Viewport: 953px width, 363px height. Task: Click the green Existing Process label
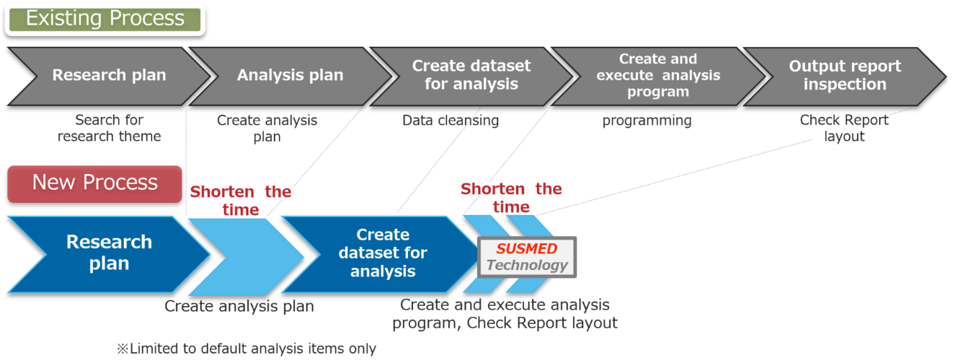tap(105, 19)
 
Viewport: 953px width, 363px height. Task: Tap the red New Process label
tap(95, 183)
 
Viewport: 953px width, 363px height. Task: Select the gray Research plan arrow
tap(110, 76)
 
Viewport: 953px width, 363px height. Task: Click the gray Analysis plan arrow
tap(291, 76)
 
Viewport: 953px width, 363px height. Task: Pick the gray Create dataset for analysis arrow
tap(471, 76)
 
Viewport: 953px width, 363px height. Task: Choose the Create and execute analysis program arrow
tap(657, 76)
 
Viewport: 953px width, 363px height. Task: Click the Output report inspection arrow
tap(845, 76)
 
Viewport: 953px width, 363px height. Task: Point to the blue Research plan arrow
tap(110, 254)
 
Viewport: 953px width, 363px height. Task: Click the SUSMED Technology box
tap(527, 258)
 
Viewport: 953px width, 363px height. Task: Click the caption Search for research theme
tap(110, 128)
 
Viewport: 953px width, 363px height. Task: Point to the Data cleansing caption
tap(451, 121)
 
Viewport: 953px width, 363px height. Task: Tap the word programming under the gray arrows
tap(647, 121)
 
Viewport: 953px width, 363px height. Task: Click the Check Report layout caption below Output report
tap(845, 128)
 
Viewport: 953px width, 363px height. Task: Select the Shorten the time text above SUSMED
tap(511, 198)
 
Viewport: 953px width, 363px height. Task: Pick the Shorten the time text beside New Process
tap(241, 201)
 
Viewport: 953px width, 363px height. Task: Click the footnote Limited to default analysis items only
tap(247, 349)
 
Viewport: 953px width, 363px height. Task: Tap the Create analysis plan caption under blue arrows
tap(239, 306)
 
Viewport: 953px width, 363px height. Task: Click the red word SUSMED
tap(527, 248)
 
